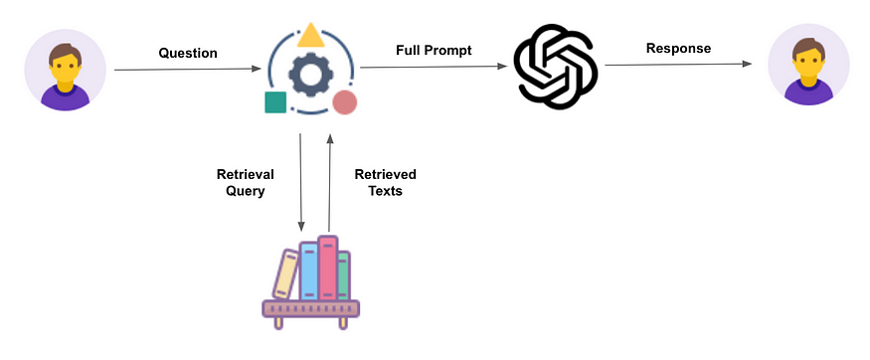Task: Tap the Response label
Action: tap(678, 48)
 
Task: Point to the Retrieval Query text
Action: tap(245, 182)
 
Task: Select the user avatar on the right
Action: tap(808, 69)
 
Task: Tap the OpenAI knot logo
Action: tap(555, 68)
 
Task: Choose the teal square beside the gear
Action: tap(275, 101)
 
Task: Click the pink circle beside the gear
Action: tap(345, 101)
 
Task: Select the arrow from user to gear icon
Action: tap(189, 70)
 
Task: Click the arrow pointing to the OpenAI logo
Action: tap(433, 67)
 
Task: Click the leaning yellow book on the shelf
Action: tap(285, 274)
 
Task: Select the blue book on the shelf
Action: tap(308, 270)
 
